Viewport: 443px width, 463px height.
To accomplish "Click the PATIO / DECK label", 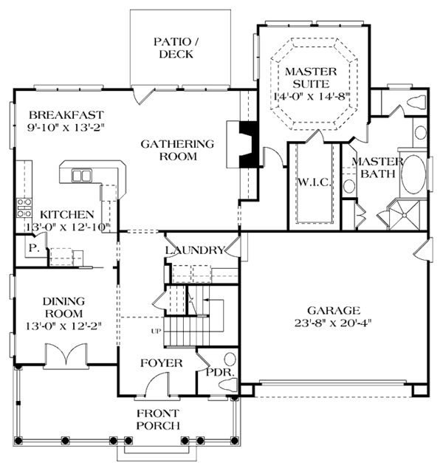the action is (176, 48).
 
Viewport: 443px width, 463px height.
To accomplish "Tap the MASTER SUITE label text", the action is (311, 78).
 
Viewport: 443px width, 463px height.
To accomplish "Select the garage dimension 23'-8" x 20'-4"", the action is (332, 323).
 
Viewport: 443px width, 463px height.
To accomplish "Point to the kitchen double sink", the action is (81, 176).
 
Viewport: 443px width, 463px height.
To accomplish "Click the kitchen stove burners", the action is (24, 208).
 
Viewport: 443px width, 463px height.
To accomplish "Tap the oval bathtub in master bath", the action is (413, 174).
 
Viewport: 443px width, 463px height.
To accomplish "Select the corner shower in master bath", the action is (404, 215).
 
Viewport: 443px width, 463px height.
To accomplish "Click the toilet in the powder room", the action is (228, 385).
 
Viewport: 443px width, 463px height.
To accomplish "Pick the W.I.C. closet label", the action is (314, 182).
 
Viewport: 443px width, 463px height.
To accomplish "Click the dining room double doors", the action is (66, 354).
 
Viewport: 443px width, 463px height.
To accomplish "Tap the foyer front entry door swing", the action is (157, 383).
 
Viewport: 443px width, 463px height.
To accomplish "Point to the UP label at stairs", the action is (156, 332).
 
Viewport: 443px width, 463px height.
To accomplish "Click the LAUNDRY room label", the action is (195, 250).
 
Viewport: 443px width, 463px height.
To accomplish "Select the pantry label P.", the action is (34, 248).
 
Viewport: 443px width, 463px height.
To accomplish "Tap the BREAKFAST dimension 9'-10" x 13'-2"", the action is (66, 128).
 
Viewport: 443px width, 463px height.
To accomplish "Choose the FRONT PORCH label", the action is (158, 419).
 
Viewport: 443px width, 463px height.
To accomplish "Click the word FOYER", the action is (161, 363).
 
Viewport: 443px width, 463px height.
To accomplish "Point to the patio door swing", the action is (143, 95).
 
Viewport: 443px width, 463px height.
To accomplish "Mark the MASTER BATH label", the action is (377, 168).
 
